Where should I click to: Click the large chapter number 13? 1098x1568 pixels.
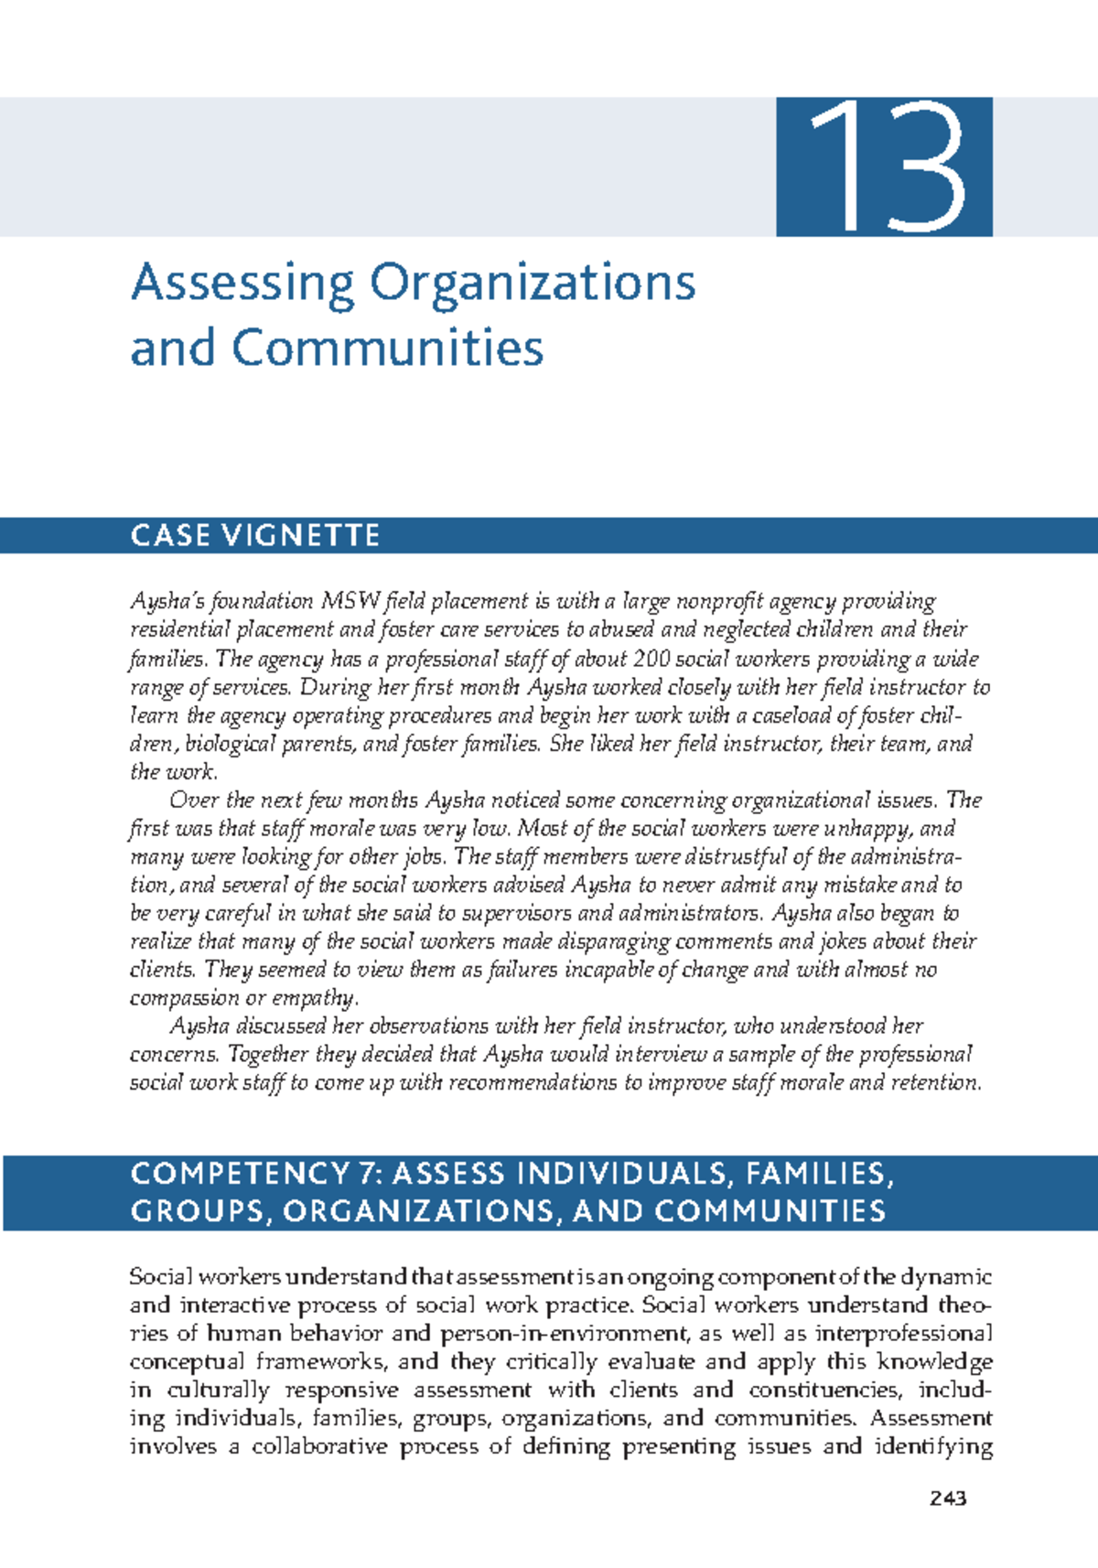pos(884,166)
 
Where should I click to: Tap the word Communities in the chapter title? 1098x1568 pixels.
pos(388,349)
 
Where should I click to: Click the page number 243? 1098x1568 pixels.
pos(947,1498)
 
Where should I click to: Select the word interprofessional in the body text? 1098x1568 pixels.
pos(903,1333)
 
